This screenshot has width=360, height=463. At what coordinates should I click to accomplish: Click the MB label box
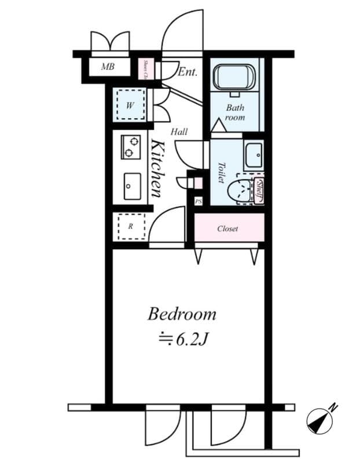(108, 67)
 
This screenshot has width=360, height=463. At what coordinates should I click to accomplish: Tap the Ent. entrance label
(188, 72)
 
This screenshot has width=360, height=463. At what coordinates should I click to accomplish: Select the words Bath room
(235, 112)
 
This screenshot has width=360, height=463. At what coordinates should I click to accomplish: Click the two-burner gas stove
(131, 147)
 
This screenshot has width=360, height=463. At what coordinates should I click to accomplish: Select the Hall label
(179, 132)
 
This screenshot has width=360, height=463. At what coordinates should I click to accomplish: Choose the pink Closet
(228, 229)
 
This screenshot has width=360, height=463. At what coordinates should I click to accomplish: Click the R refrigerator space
(131, 227)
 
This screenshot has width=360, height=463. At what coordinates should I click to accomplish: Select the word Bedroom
(182, 314)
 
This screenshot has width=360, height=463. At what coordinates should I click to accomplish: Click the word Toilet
(221, 172)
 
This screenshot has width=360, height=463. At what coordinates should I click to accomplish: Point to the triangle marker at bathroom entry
(217, 126)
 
